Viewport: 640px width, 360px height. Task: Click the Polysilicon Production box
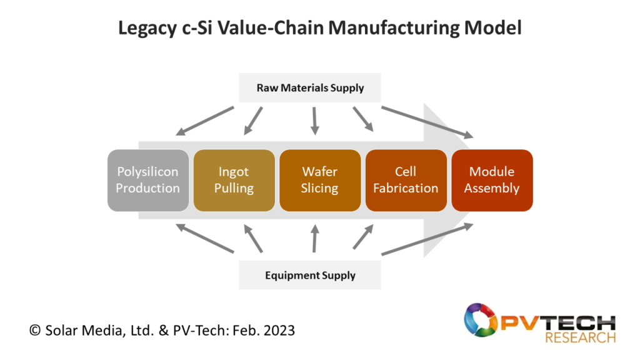(148, 181)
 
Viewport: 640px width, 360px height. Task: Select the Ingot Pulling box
(234, 181)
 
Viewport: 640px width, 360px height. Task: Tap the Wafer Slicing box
(320, 181)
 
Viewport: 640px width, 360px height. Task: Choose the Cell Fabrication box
(406, 181)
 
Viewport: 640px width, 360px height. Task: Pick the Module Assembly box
(492, 181)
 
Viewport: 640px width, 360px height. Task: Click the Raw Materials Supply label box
(310, 87)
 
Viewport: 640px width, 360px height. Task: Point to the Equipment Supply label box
(310, 275)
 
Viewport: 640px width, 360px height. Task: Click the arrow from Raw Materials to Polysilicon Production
(205, 121)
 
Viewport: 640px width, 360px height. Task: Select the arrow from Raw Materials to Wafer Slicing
(314, 121)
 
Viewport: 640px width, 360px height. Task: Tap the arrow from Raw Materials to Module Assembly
(427, 122)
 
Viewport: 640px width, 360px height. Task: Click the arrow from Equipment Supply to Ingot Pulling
(253, 238)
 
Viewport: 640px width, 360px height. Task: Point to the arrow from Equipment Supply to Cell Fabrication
(363, 236)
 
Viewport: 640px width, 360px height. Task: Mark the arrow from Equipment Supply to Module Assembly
(427, 239)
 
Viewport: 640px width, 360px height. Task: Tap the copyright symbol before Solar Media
(35, 330)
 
